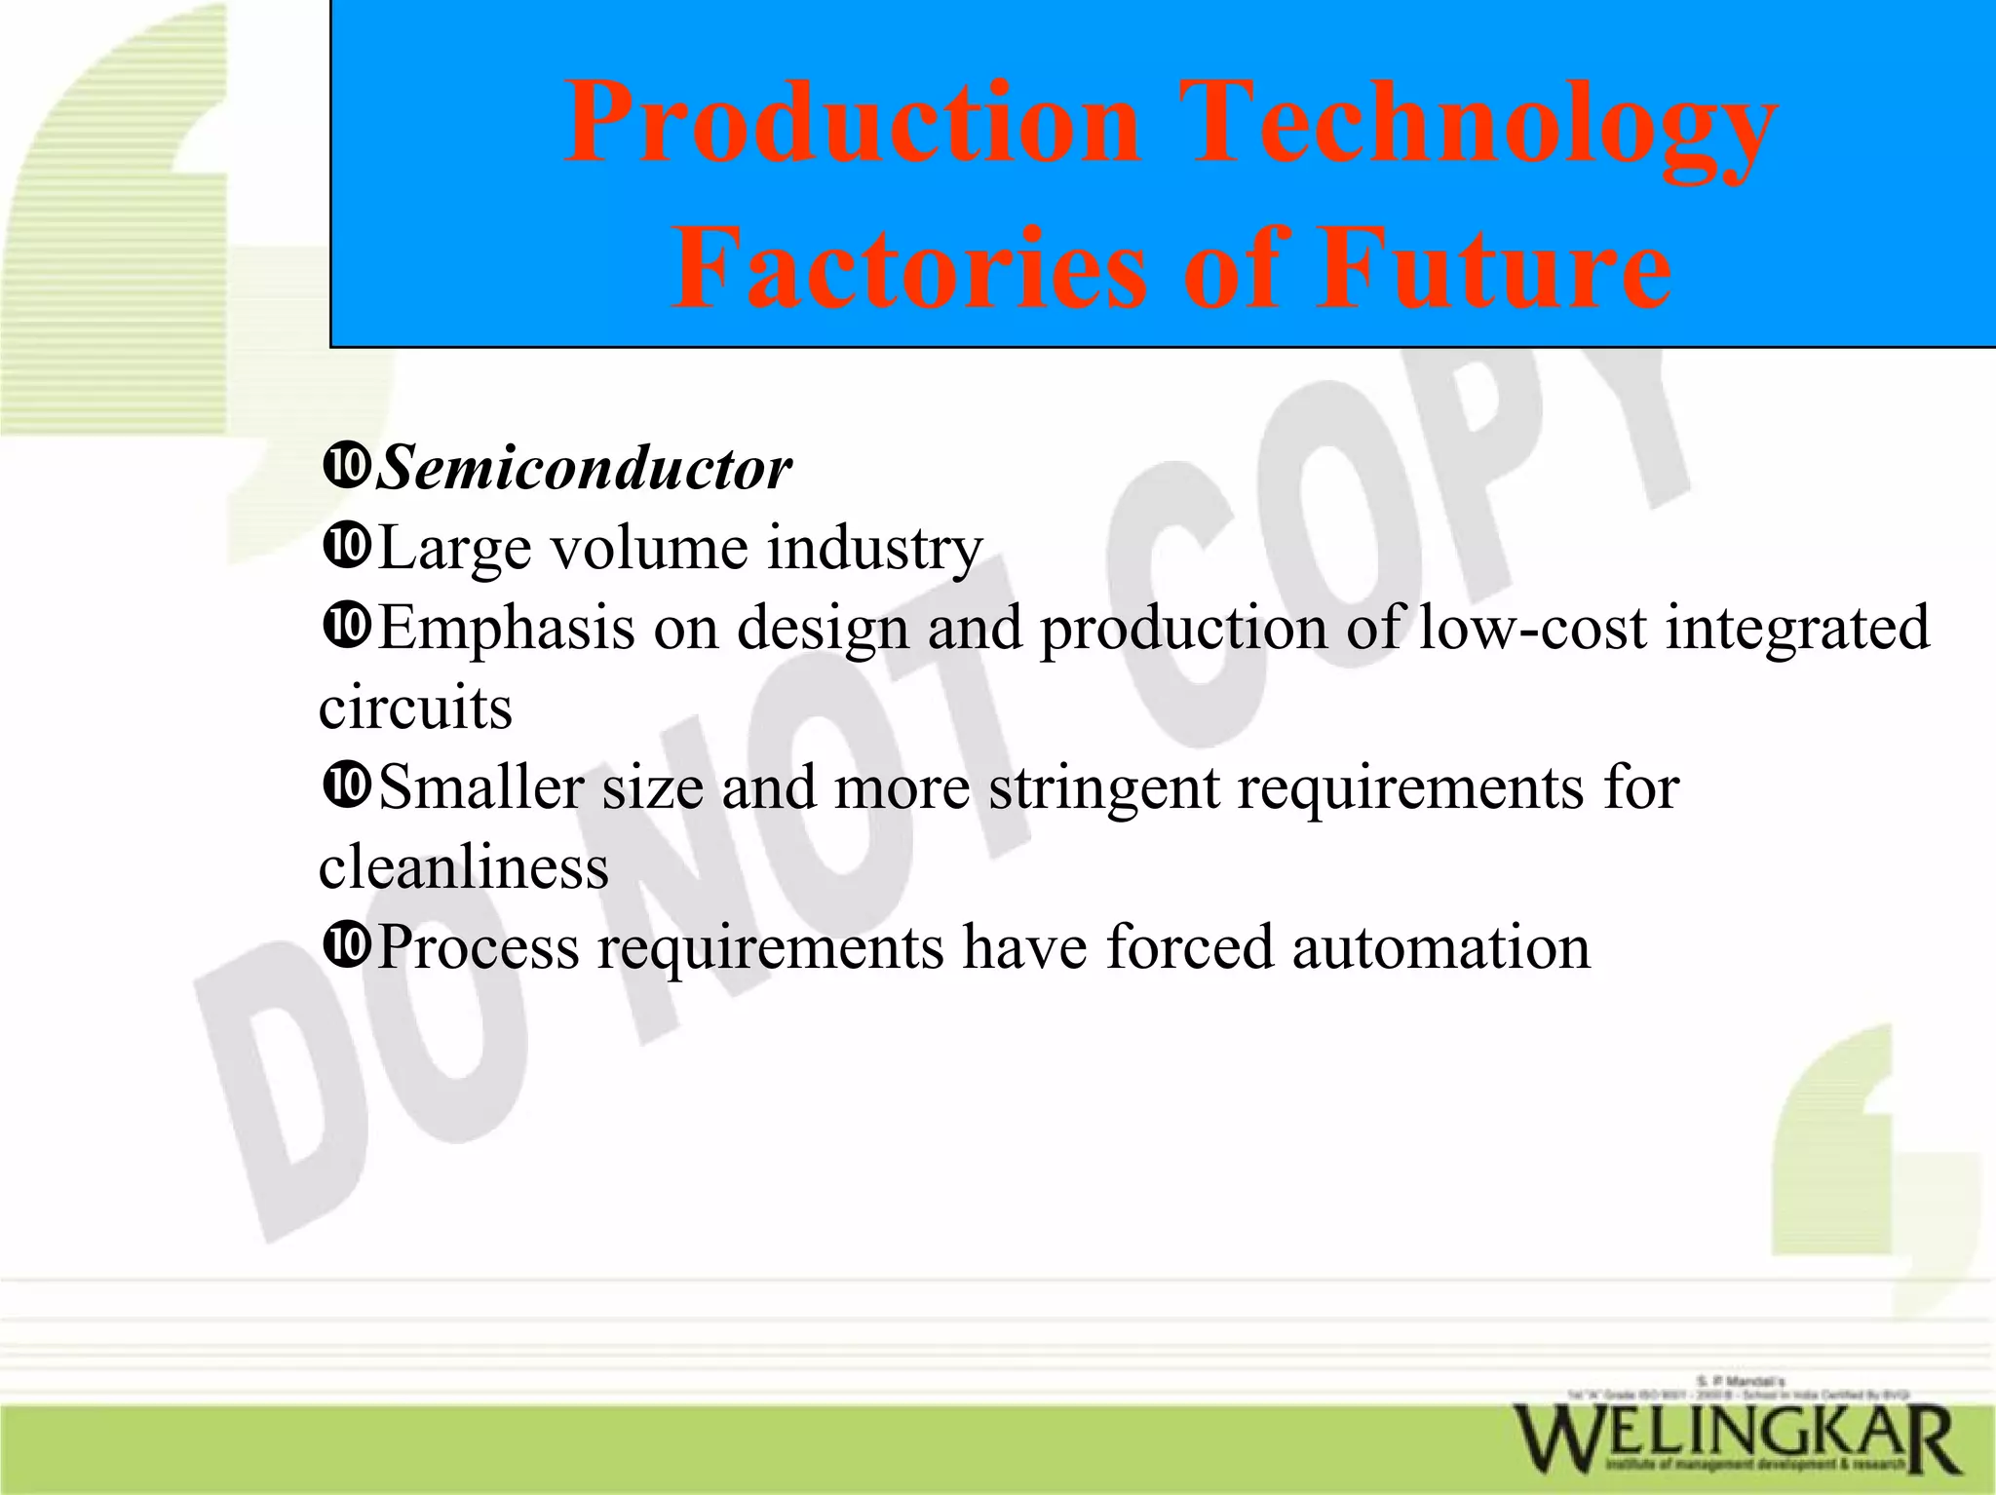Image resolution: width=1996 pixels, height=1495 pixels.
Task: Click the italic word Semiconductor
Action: point(584,470)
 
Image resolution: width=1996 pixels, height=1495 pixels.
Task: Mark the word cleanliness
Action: point(463,866)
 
